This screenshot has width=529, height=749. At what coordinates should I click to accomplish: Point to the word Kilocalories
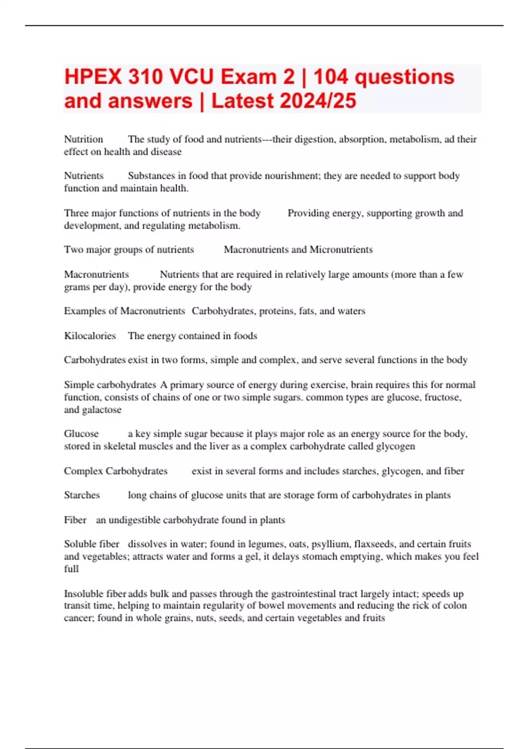tap(90, 336)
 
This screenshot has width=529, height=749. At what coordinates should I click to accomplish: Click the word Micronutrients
tap(341, 249)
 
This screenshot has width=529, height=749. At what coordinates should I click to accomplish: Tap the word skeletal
tap(120, 446)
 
